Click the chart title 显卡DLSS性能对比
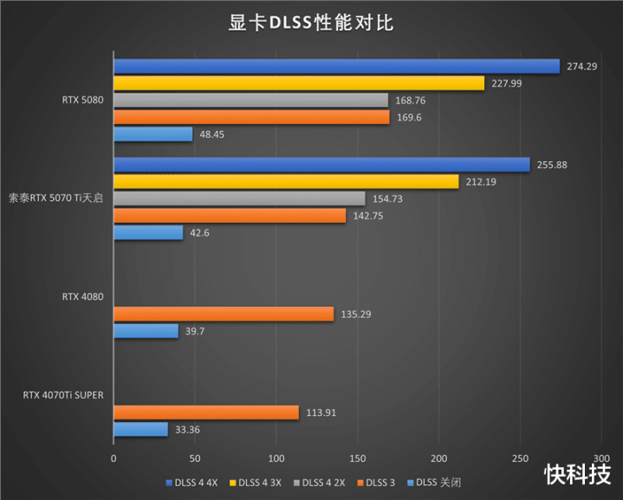coord(311,23)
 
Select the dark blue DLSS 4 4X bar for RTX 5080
coord(336,66)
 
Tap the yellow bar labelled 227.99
coord(298,83)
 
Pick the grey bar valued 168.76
coord(250,100)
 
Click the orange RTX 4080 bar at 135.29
coord(223,314)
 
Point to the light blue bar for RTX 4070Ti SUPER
coord(140,430)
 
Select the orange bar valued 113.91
coord(205,412)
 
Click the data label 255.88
coord(551,165)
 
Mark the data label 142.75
coord(367,216)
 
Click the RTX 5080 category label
coord(82,100)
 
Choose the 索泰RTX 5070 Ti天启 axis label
coord(55,198)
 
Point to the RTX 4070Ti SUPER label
coord(63,395)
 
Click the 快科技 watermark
coord(577,473)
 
